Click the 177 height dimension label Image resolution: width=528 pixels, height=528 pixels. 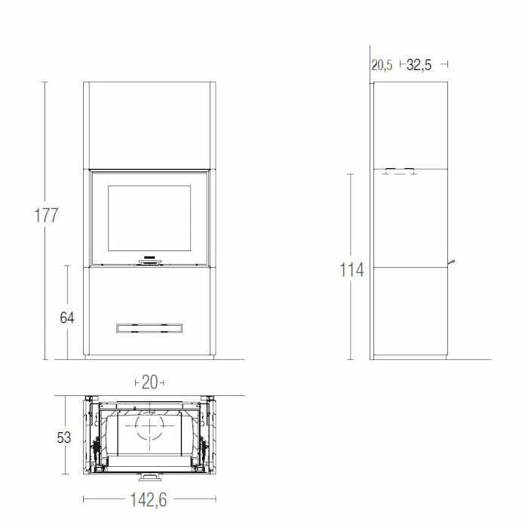tap(46, 215)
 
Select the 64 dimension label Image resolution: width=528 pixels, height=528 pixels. tap(67, 318)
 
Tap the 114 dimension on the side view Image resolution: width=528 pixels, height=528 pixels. tap(351, 269)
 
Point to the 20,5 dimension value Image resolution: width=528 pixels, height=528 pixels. tap(382, 65)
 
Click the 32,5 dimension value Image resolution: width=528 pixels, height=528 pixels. tap(419, 65)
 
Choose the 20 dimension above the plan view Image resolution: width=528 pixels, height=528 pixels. tap(149, 382)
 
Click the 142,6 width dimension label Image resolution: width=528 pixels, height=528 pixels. tap(149, 499)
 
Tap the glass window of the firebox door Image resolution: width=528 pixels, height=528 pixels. tap(149, 218)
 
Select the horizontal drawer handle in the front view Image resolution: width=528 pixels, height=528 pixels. tap(149, 327)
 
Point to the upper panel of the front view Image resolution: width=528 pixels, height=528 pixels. tap(149, 124)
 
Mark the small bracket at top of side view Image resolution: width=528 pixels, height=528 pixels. tap(399, 171)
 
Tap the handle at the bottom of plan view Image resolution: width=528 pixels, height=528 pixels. tap(149, 477)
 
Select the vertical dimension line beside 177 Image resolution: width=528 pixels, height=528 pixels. tap(45, 287)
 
